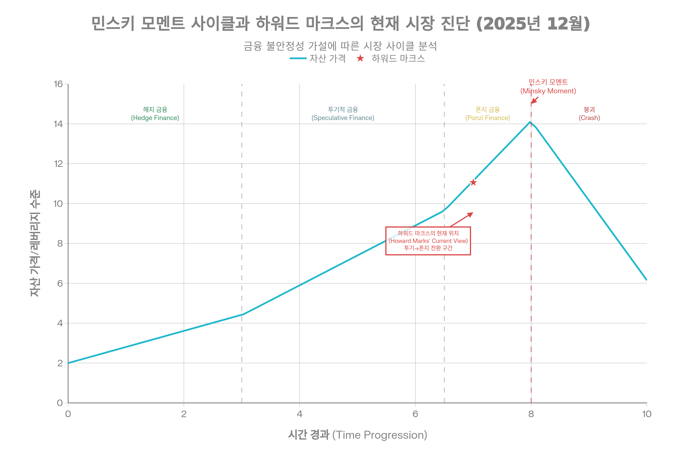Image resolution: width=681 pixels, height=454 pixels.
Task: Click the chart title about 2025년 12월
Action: pyautogui.click(x=340, y=23)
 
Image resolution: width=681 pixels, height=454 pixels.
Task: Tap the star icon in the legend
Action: pyautogui.click(x=360, y=58)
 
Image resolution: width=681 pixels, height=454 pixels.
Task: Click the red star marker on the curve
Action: pyautogui.click(x=473, y=182)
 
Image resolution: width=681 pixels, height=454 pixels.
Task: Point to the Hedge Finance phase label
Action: pyautogui.click(x=155, y=113)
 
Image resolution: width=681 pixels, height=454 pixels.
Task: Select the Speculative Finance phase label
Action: pyautogui.click(x=343, y=113)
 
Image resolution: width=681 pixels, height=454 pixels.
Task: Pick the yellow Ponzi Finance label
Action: pyautogui.click(x=487, y=113)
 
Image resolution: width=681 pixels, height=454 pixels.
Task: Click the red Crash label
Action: pyautogui.click(x=589, y=113)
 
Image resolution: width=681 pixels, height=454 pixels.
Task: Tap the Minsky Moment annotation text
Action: pyautogui.click(x=548, y=87)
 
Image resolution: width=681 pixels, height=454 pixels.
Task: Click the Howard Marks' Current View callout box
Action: pyautogui.click(x=428, y=241)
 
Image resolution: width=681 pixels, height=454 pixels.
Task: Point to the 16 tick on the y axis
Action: pyautogui.click(x=58, y=84)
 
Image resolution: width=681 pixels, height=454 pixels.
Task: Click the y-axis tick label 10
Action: pyautogui.click(x=58, y=203)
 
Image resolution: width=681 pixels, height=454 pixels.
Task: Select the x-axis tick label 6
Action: pyautogui.click(x=415, y=414)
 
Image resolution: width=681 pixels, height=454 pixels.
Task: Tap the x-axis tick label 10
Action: pyautogui.click(x=647, y=414)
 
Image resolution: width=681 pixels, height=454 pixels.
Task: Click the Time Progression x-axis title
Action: pyautogui.click(x=357, y=435)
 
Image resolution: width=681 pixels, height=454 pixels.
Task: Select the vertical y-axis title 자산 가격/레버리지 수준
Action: pyautogui.click(x=35, y=243)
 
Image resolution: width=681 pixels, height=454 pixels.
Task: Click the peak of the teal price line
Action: pyautogui.click(x=530, y=122)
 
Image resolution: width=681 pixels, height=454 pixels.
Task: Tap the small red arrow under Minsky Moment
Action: pyautogui.click(x=535, y=100)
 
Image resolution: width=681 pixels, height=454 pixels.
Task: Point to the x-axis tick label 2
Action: pyautogui.click(x=184, y=414)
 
